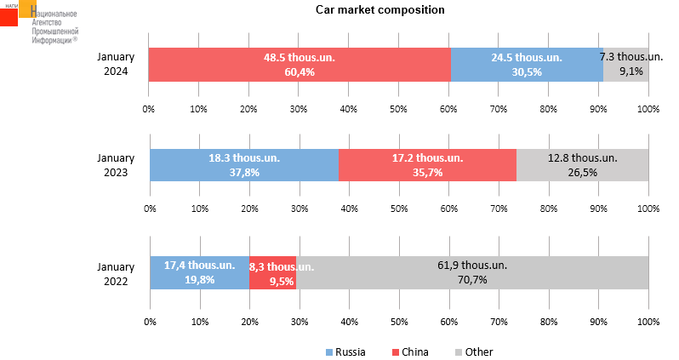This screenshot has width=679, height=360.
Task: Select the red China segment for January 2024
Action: click(300, 65)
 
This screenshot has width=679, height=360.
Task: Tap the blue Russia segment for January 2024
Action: click(527, 65)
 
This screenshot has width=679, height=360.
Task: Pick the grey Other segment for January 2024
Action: click(626, 65)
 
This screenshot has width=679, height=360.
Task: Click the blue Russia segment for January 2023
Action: click(244, 165)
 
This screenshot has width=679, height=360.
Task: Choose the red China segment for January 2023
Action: click(427, 165)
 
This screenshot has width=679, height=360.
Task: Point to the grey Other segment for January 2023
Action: click(582, 165)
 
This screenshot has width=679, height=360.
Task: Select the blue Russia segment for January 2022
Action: click(200, 272)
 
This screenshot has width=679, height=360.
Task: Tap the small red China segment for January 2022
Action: click(272, 272)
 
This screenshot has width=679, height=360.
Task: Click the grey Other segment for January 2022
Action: click(472, 272)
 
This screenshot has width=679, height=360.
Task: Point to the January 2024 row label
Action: click(115, 65)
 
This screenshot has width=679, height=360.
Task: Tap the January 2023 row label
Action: click(115, 165)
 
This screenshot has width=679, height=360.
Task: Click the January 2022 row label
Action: click(115, 272)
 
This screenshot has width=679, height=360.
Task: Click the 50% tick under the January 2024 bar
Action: click(398, 109)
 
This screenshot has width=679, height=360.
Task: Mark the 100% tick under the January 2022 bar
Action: click(648, 322)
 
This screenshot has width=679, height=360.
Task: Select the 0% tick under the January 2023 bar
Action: click(150, 209)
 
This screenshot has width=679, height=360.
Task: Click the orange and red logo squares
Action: click(17, 13)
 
